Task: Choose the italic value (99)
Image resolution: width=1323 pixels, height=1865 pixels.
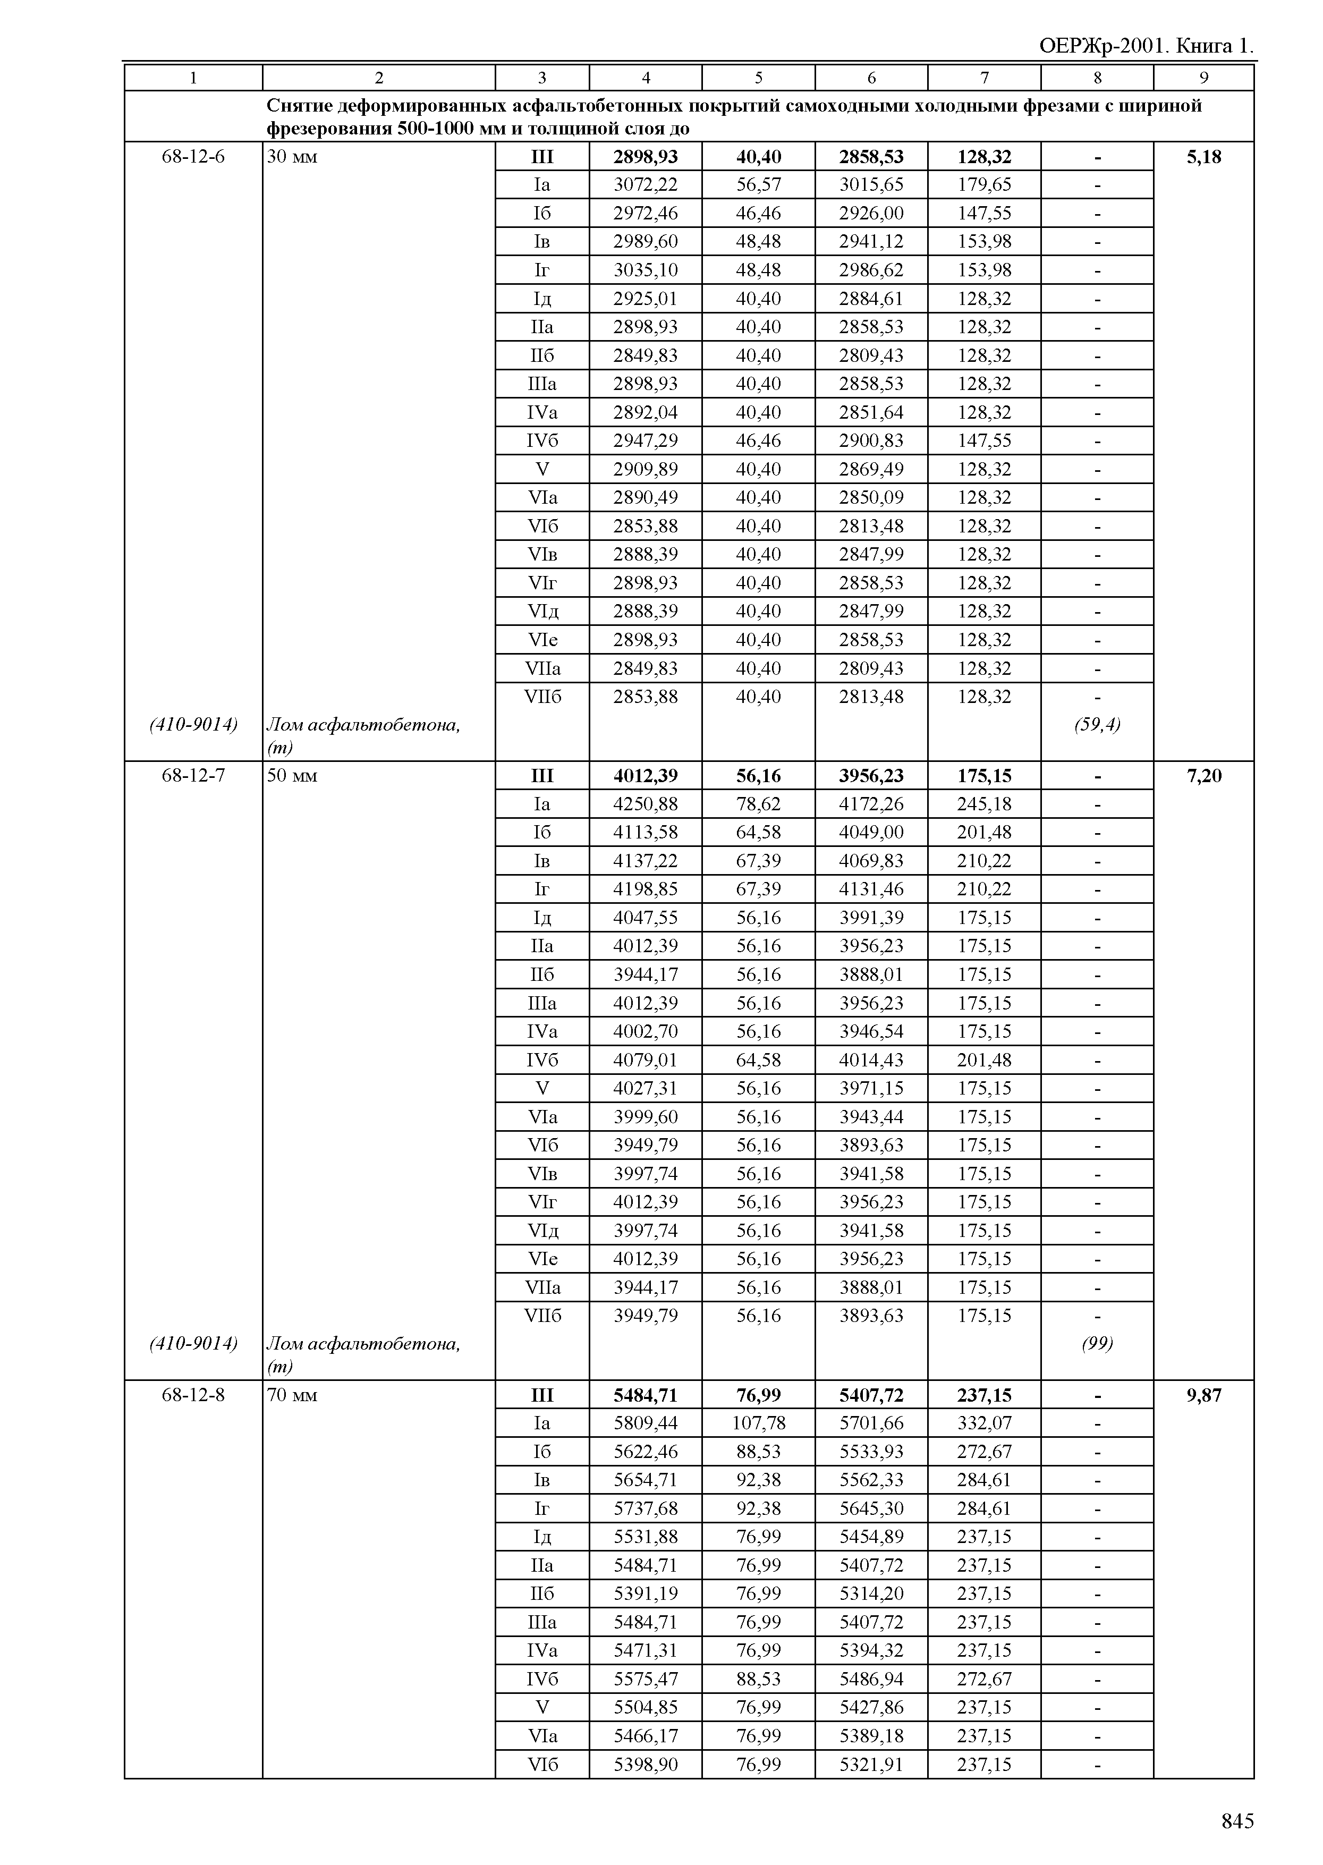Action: point(1097,1344)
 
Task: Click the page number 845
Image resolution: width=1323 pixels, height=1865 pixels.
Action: point(1236,1820)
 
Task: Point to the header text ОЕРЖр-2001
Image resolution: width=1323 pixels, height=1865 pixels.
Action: point(1102,46)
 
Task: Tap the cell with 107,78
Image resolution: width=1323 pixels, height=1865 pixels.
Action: point(758,1423)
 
